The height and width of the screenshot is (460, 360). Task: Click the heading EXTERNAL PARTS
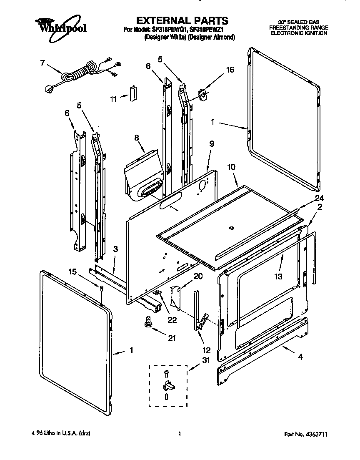tap(182, 20)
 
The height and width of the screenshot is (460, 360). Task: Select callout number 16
tap(230, 70)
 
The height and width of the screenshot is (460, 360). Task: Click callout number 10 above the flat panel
tap(231, 167)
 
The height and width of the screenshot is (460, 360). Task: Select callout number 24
tap(319, 198)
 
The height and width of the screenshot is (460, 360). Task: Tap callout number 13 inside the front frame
tap(278, 276)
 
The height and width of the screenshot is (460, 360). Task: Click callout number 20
tap(198, 276)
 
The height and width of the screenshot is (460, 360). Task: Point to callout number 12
tap(206, 350)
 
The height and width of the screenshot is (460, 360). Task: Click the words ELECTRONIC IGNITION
tap(298, 33)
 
